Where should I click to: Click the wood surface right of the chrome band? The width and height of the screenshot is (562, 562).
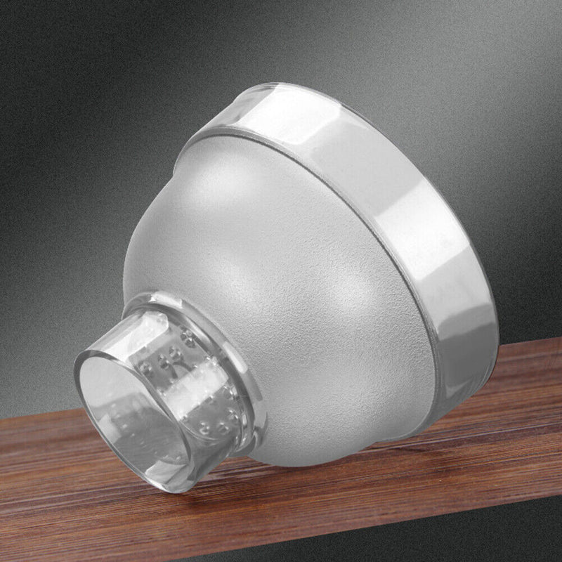click(x=527, y=365)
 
